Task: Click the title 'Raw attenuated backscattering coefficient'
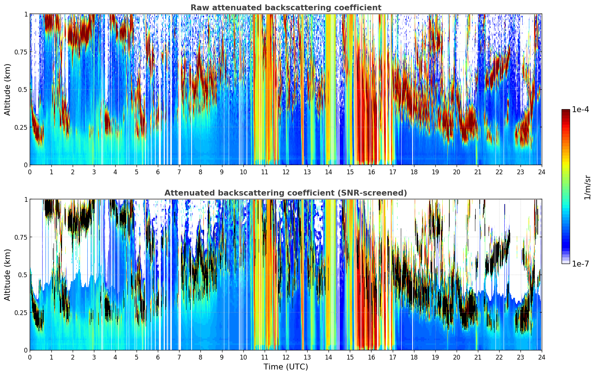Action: click(286, 8)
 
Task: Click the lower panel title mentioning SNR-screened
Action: click(286, 193)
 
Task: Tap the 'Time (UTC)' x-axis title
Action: click(286, 367)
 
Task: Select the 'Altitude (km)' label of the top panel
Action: click(8, 89)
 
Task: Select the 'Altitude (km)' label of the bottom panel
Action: click(8, 275)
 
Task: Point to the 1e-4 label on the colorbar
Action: click(580, 110)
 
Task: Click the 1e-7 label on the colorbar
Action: click(580, 264)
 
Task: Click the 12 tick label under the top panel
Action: click(286, 172)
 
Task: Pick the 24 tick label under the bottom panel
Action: click(542, 357)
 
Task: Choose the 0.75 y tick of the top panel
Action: click(21, 52)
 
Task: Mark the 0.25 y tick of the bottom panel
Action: click(21, 312)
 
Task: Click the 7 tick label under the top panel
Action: click(179, 172)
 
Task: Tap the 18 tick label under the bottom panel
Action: click(414, 357)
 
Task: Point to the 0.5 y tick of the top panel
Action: click(23, 90)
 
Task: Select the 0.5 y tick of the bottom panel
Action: click(23, 275)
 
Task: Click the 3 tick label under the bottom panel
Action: click(94, 357)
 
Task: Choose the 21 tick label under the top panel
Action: click(478, 172)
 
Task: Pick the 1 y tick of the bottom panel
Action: click(26, 200)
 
